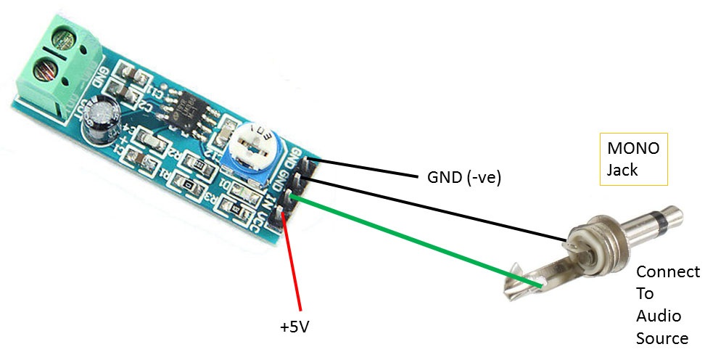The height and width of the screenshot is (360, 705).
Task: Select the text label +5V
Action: coord(294,327)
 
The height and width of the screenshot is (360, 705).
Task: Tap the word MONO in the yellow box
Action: coord(633,149)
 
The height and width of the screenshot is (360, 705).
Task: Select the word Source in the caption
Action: coord(662,337)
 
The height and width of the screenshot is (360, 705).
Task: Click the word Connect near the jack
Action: coord(668,271)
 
